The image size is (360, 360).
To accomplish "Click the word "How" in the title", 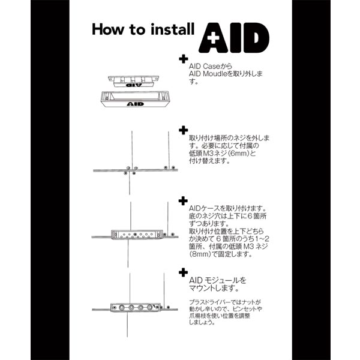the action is (x=107, y=29).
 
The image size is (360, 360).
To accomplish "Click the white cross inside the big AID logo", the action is (x=213, y=38).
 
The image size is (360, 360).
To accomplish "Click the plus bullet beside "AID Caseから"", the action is (x=184, y=59).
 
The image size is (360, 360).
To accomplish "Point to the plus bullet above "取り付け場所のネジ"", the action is (x=184, y=130).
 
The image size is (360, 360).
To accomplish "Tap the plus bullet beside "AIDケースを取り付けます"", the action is (x=183, y=201).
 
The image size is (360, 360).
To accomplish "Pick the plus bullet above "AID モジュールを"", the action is (x=183, y=272).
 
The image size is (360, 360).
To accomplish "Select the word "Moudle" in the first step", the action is (x=214, y=74).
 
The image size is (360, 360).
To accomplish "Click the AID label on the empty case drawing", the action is (x=135, y=104).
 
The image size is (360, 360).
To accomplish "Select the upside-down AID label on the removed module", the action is (x=134, y=85).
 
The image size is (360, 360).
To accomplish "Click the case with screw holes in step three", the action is (x=137, y=235).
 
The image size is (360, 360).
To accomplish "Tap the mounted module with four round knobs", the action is (x=136, y=307).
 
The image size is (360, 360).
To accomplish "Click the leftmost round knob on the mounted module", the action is (x=121, y=307).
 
